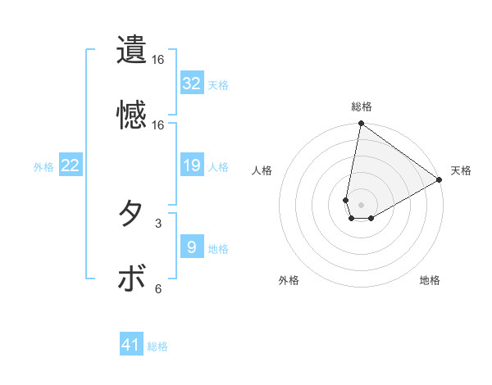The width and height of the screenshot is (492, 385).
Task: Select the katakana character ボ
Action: [x=131, y=279]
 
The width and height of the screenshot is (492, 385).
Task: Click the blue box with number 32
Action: [x=192, y=84]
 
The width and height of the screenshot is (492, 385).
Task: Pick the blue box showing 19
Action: [x=192, y=166]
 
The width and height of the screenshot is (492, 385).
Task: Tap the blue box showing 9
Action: [x=192, y=247]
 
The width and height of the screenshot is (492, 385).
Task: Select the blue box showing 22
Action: [x=71, y=166]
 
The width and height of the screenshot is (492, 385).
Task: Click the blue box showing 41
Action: [x=131, y=346]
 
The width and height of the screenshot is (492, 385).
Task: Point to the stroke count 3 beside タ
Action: [x=158, y=222]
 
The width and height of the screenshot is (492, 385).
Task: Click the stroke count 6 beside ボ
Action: [x=158, y=288]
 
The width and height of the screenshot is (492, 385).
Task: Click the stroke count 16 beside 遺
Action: [x=158, y=60]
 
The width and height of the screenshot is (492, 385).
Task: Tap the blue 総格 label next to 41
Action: [x=157, y=346]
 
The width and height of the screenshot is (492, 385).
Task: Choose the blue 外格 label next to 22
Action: [x=43, y=167]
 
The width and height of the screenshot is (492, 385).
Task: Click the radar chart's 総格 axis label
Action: [x=362, y=106]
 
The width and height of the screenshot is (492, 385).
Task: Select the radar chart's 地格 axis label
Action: [x=430, y=281]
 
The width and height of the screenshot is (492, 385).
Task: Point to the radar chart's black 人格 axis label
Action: [x=262, y=170]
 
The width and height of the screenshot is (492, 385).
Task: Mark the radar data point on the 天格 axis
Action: [x=440, y=180]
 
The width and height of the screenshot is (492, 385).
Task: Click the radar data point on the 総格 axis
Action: [x=361, y=125]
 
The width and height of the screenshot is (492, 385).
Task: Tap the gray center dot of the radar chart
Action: [x=361, y=205]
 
